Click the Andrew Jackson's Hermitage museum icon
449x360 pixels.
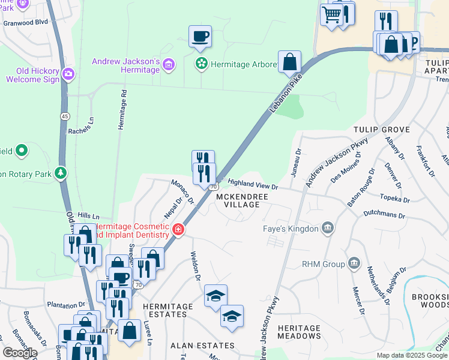tap(169, 64)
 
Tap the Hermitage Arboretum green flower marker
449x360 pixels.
tap(201, 63)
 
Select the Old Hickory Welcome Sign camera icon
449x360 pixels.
tap(69, 74)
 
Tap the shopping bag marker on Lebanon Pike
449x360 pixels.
tap(289, 61)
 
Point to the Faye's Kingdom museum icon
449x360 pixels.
tap(328, 227)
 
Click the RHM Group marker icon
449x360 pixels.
tap(354, 263)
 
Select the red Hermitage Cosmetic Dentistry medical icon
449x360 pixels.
tap(178, 229)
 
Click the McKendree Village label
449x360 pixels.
tap(238, 200)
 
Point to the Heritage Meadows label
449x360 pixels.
tap(299, 332)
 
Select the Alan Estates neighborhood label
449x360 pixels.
tap(202, 346)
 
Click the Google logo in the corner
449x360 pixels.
tap(19, 353)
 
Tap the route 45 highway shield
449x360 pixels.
tap(64, 115)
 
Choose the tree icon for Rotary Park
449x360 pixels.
tap(60, 174)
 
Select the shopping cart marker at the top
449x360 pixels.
tap(331, 14)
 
